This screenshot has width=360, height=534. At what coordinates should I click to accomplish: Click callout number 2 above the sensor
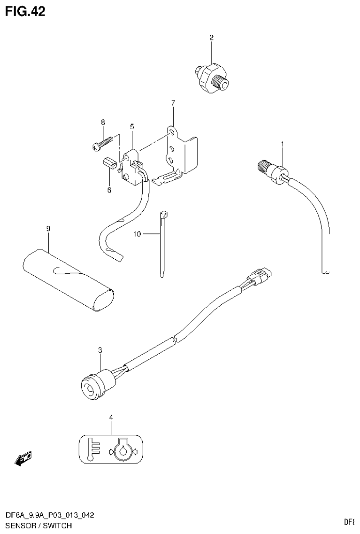click(211, 37)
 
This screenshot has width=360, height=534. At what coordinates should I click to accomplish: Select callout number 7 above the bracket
click(173, 102)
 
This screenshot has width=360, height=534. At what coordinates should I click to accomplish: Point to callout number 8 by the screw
click(103, 122)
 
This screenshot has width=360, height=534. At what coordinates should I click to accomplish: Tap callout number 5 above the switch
click(132, 126)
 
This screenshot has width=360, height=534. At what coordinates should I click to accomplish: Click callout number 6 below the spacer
click(109, 190)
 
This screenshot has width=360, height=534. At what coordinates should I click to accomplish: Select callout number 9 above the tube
click(48, 228)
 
